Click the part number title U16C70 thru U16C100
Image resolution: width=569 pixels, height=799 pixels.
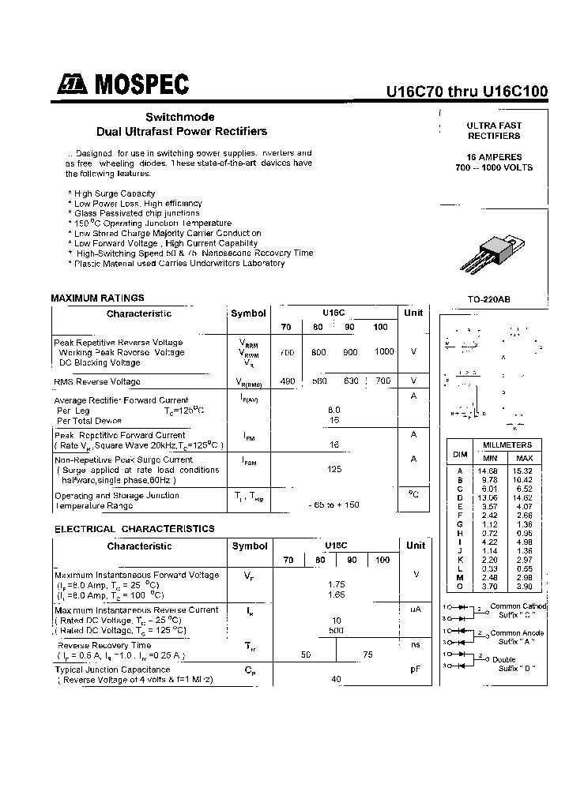pyautogui.click(x=467, y=92)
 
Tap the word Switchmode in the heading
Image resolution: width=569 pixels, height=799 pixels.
pyautogui.click(x=179, y=117)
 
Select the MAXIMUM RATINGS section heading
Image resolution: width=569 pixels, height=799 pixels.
pyautogui.click(x=97, y=298)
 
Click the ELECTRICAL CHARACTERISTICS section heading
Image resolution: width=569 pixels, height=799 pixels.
pyautogui.click(x=134, y=529)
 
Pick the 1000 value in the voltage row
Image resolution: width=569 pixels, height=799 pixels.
pyautogui.click(x=384, y=351)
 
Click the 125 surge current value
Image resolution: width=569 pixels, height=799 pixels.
pyautogui.click(x=334, y=469)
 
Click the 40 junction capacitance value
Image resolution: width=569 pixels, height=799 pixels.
pyautogui.click(x=335, y=679)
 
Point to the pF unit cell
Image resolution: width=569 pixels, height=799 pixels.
pyautogui.click(x=414, y=670)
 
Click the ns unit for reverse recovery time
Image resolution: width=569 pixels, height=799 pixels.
pyautogui.click(x=415, y=645)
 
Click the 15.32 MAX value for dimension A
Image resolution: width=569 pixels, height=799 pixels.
pyautogui.click(x=524, y=471)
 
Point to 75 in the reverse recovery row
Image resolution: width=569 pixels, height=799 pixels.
pyautogui.click(x=367, y=655)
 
